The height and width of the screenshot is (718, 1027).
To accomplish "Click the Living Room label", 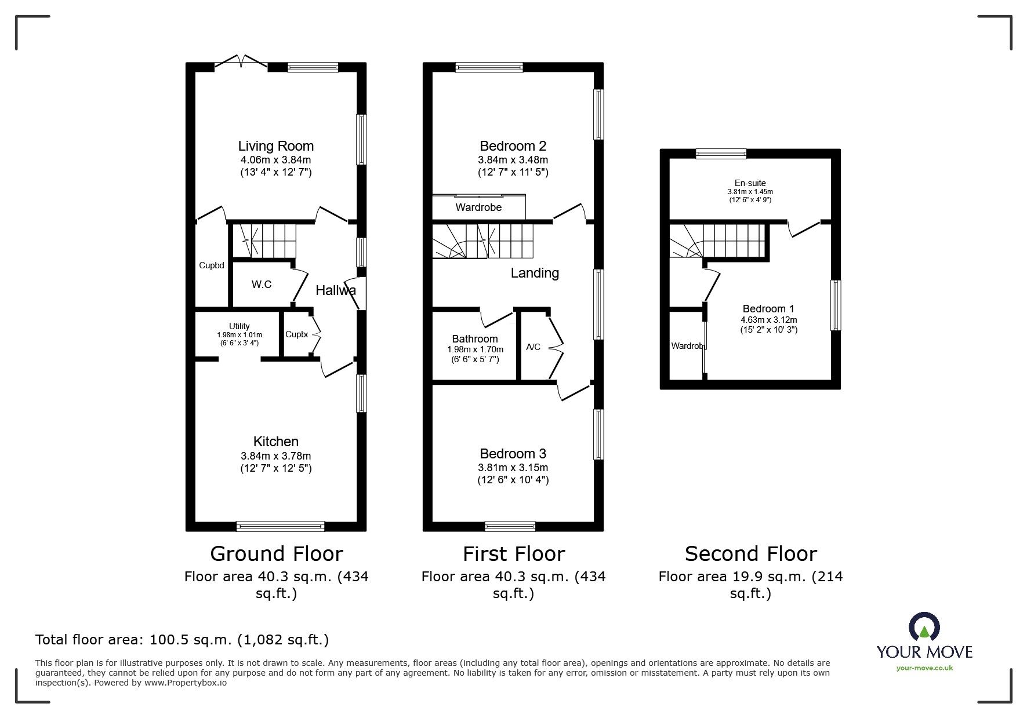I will coord(275,146).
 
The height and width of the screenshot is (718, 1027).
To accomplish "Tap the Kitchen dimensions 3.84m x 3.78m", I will coord(275,456).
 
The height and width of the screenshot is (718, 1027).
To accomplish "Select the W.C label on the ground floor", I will coord(261,285).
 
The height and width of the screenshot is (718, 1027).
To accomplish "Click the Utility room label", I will coord(239,326).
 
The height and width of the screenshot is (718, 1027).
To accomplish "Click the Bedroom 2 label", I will coord(513,146).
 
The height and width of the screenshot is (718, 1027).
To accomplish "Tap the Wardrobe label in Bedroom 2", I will coord(478,207).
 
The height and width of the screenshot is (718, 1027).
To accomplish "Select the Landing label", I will coord(534,273).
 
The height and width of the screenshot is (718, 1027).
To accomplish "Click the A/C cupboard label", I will coord(533,347).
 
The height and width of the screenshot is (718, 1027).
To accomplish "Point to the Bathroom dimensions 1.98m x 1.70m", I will coord(475,349).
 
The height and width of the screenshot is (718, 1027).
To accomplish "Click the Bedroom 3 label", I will coord(513,454).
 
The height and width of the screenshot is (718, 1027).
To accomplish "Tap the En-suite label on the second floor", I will coord(750,183).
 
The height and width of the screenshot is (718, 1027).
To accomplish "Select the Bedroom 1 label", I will coord(768,309).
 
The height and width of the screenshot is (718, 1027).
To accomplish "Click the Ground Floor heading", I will coord(276,554).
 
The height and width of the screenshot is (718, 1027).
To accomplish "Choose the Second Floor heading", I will coord(750,554).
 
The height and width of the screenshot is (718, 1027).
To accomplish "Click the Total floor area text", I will coord(182,640).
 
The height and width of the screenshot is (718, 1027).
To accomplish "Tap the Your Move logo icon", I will coord(924,628).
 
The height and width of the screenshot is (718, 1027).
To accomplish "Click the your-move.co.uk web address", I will coord(924,668).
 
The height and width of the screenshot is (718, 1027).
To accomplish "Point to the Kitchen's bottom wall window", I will coord(280,526).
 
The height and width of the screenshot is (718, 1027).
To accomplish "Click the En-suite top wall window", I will coord(721,154).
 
